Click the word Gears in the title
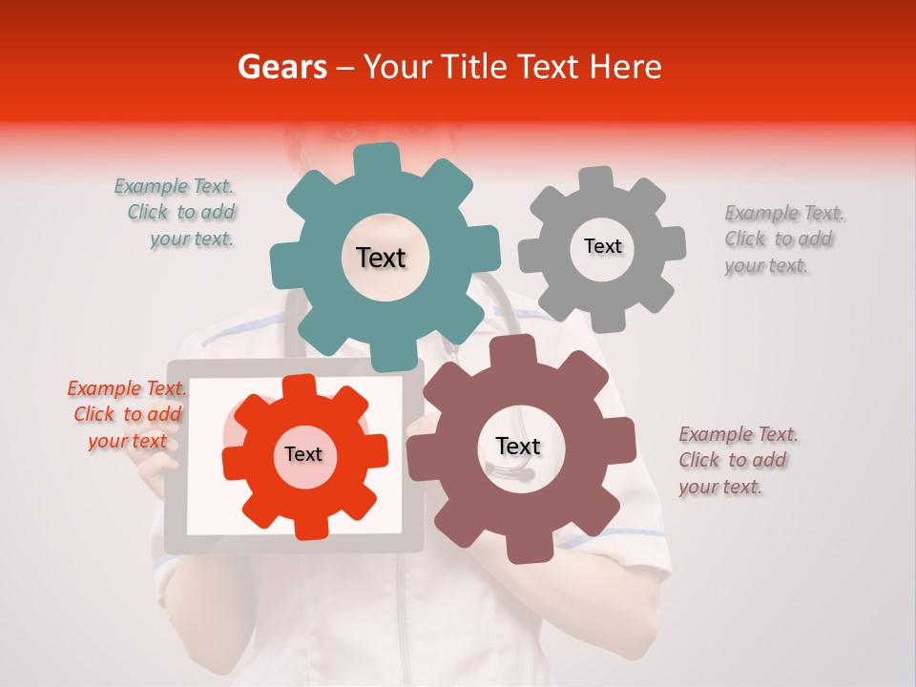point(281,67)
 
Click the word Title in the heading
point(474,67)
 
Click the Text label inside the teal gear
point(381,258)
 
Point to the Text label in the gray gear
point(602,246)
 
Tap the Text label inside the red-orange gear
point(303,455)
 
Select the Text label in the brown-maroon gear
point(518,447)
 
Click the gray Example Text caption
point(782,239)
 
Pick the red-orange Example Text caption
point(127,414)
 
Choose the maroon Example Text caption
point(737,460)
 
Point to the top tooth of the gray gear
point(596,179)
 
